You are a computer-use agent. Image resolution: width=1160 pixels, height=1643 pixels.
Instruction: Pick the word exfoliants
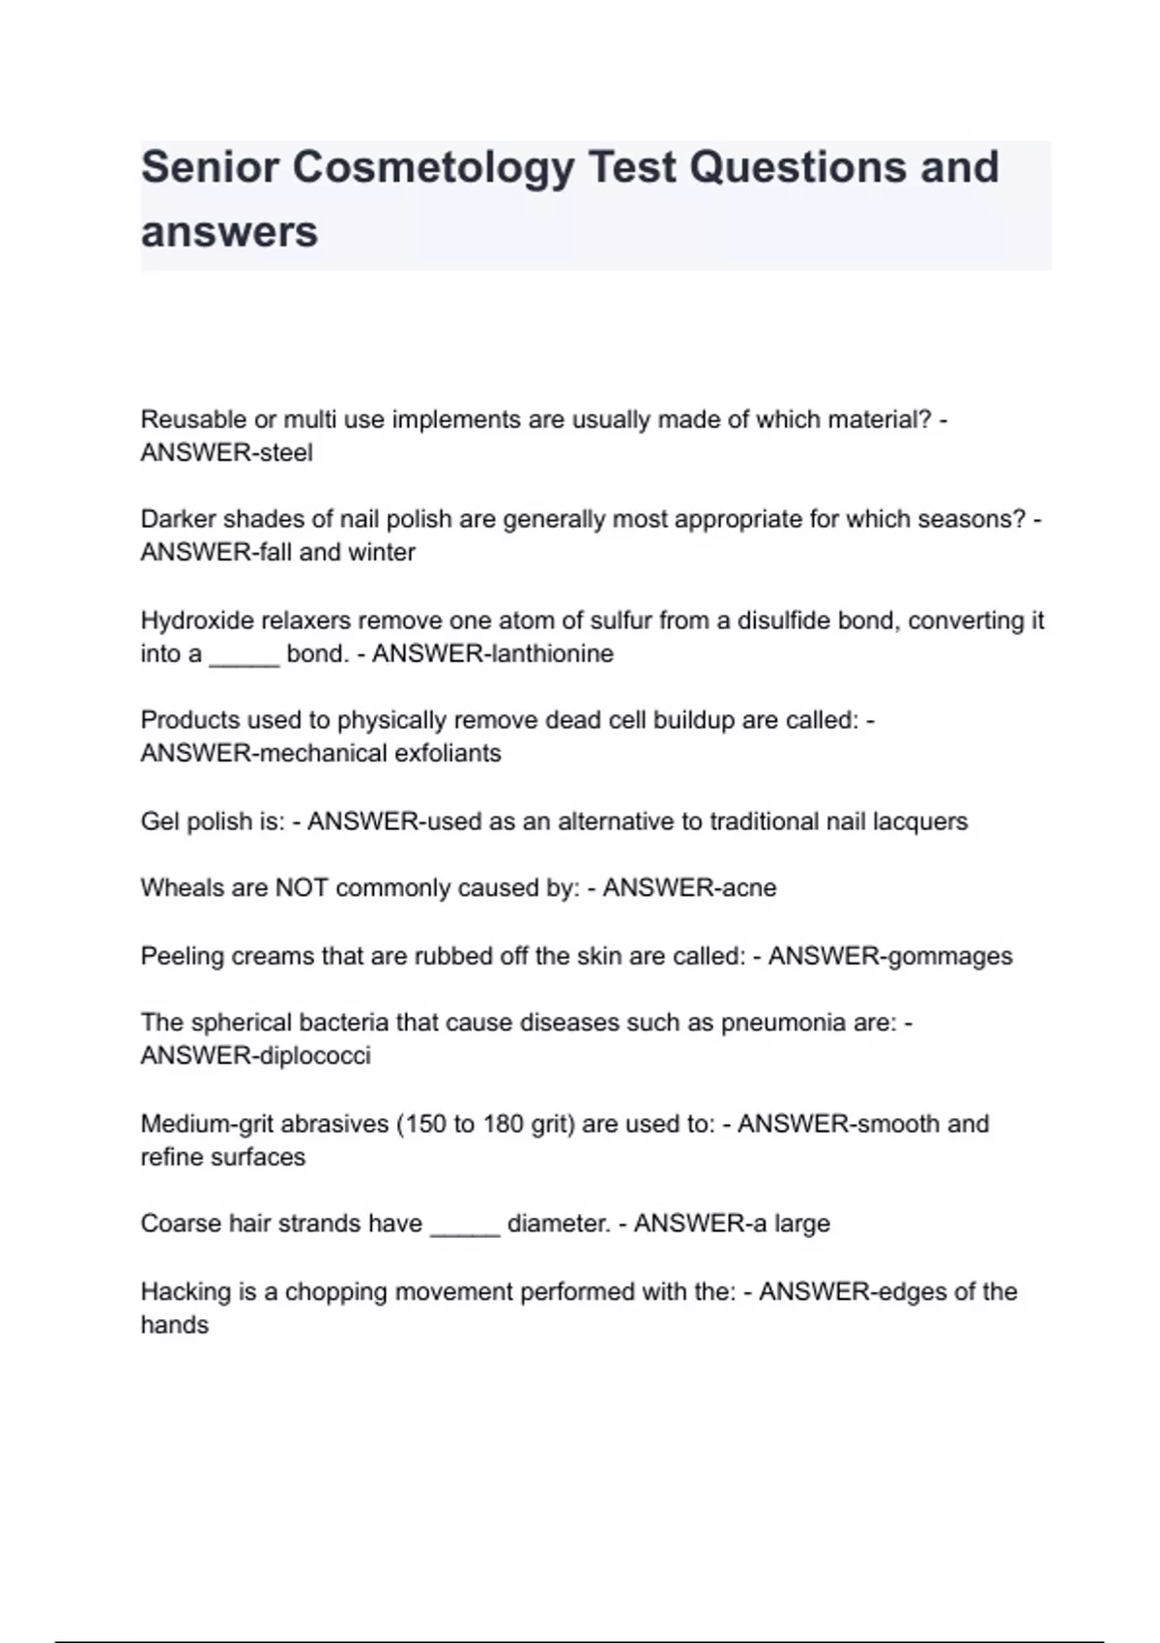(446, 753)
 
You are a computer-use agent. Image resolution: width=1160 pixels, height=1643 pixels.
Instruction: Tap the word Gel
(159, 821)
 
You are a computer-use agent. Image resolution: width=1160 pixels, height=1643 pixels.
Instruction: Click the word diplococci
(314, 1055)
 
